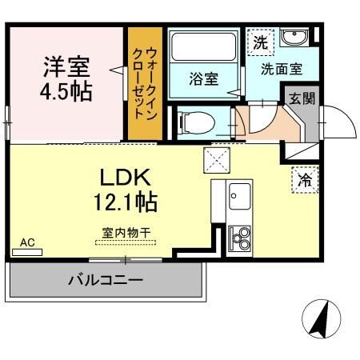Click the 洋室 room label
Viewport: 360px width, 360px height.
click(66, 65)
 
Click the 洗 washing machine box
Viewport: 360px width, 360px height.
click(260, 42)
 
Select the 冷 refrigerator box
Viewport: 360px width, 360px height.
click(305, 181)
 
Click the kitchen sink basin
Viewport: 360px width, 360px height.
click(238, 194)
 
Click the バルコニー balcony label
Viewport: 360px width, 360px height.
click(105, 281)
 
